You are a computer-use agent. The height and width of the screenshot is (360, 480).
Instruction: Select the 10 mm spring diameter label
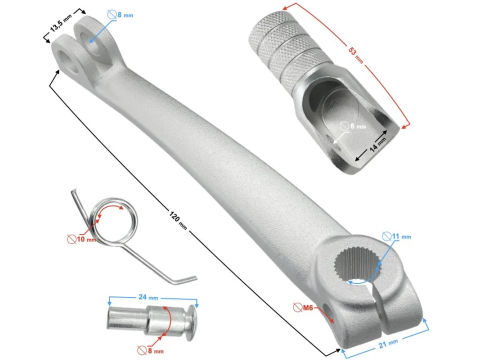click(x=86, y=239)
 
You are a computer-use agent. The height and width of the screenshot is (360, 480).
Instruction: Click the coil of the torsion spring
click(x=113, y=220)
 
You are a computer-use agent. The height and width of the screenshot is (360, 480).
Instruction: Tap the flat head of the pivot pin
click(x=191, y=322)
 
